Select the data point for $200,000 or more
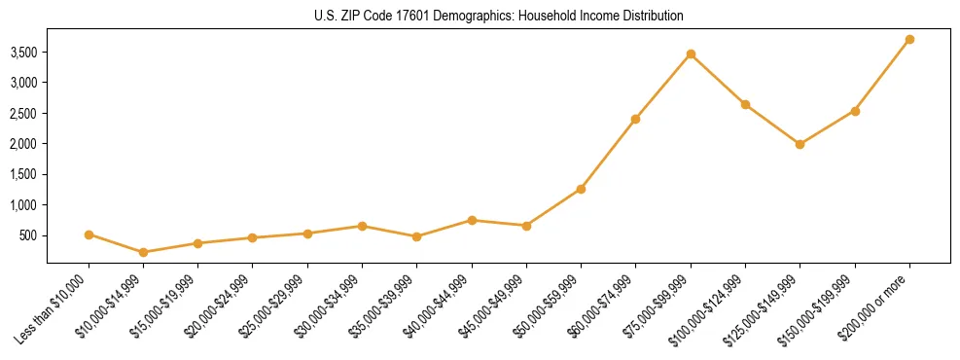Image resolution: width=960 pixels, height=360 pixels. click(909, 40)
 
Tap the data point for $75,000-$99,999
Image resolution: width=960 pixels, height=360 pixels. click(691, 54)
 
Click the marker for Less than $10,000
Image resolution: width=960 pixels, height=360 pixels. click(89, 234)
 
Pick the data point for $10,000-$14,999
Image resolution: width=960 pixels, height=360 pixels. click(144, 252)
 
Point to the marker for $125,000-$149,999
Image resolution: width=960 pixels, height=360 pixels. click(800, 144)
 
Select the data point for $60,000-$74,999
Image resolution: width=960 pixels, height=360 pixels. click(635, 119)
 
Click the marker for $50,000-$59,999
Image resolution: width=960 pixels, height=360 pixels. click(581, 189)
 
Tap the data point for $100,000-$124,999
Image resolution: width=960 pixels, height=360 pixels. click(745, 104)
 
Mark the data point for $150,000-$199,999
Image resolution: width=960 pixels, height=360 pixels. click(855, 111)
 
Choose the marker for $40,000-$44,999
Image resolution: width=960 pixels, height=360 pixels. click(472, 220)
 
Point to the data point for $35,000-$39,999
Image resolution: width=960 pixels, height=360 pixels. click(416, 236)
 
